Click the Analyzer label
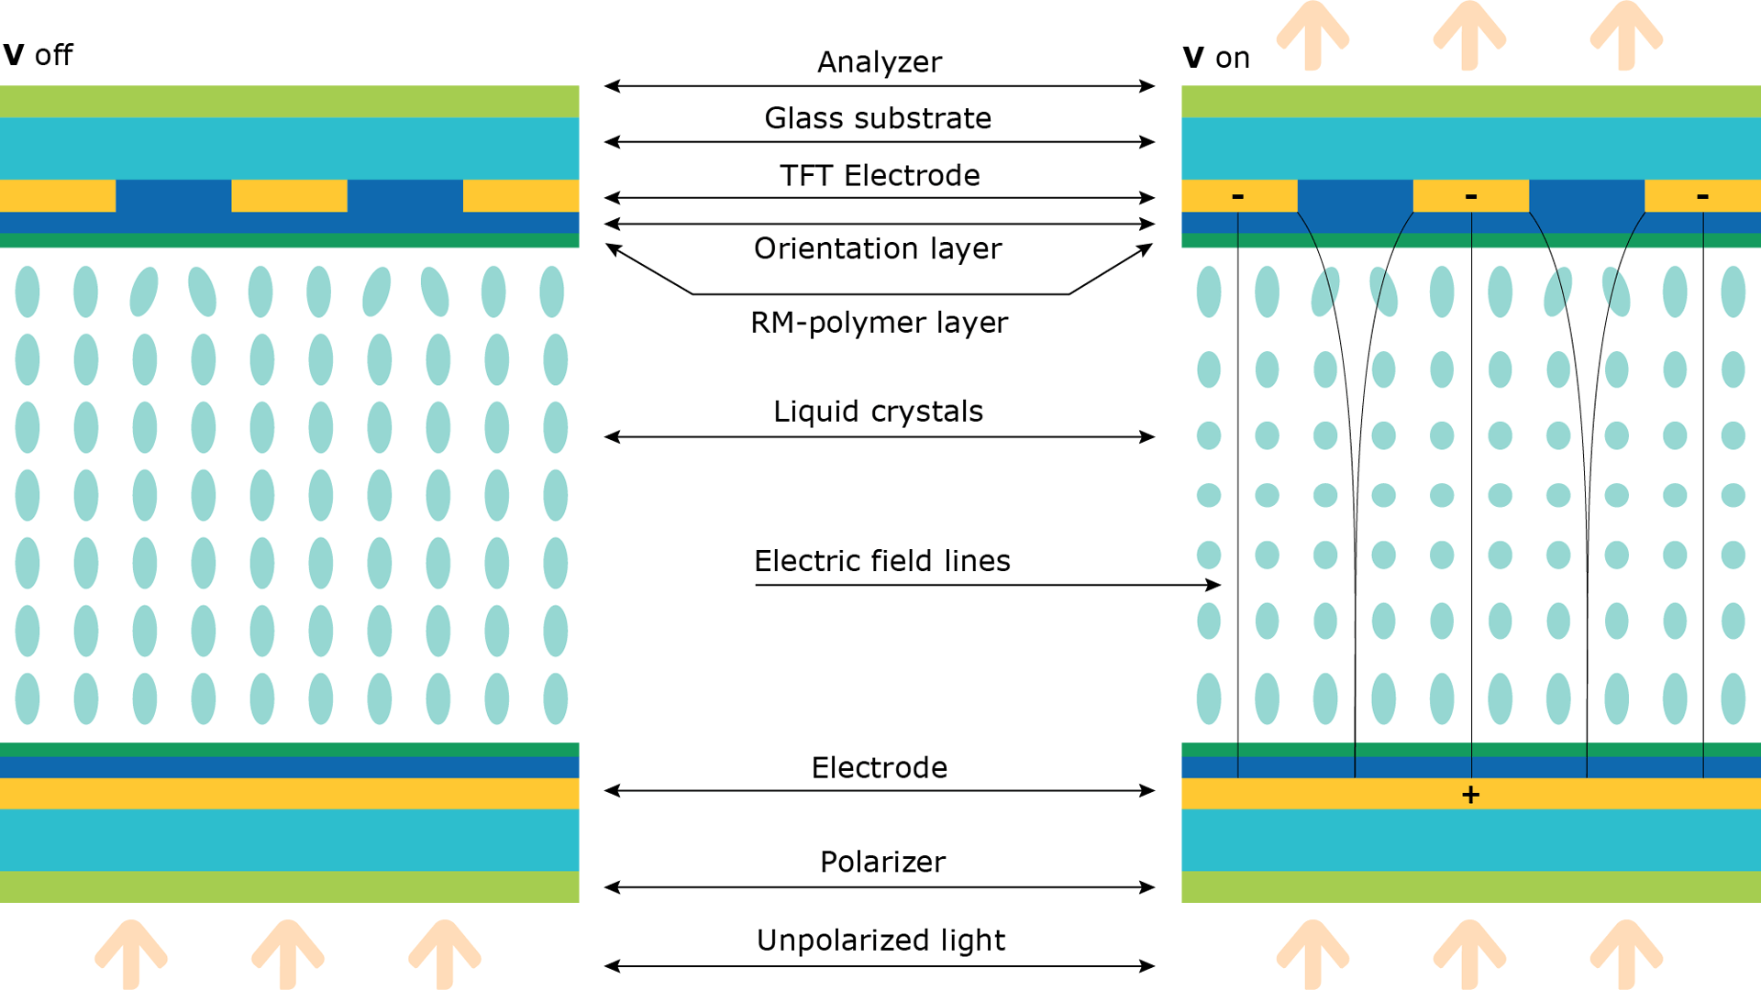tap(879, 61)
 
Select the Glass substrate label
tap(878, 118)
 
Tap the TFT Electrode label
tap(880, 175)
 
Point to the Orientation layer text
tap(878, 248)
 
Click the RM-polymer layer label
tap(879, 323)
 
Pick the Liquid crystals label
tap(878, 412)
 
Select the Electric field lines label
tap(881, 561)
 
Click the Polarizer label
tap(882, 862)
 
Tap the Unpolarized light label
tap(880, 940)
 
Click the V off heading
tap(38, 55)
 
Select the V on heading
tap(1216, 58)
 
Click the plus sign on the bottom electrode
tap(1470, 795)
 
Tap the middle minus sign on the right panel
tap(1470, 196)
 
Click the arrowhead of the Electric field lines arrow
tap(1214, 585)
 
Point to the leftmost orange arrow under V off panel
tap(131, 953)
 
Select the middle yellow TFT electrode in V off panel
tap(289, 195)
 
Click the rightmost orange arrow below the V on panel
tap(1626, 953)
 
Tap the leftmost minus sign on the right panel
tap(1237, 196)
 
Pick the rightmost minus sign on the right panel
tap(1702, 196)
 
